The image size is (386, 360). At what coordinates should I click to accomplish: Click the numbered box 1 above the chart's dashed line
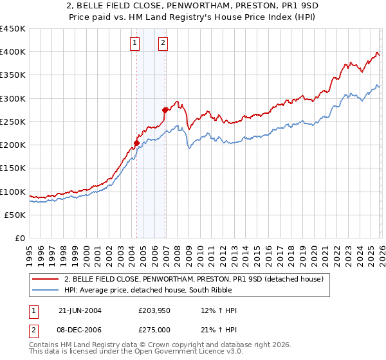[135, 43]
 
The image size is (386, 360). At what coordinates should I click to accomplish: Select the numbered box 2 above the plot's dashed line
[163, 43]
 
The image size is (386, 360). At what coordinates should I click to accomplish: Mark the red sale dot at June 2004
[136, 143]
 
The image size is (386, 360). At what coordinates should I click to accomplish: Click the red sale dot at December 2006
[165, 110]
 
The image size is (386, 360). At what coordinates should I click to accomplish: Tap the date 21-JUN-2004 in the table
[80, 310]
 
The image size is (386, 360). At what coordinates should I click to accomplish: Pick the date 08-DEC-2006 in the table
[80, 330]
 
